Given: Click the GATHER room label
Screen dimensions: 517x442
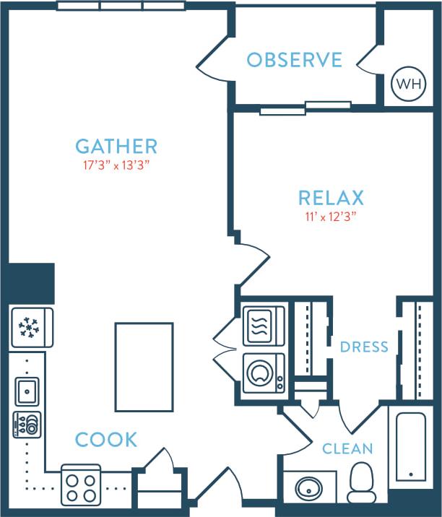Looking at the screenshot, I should click(x=116, y=147).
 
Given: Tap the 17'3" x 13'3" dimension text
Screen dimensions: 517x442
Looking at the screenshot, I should click(x=116, y=165).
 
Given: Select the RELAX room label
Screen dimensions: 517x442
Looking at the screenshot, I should click(x=331, y=197).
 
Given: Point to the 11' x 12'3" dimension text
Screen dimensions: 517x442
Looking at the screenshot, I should click(x=331, y=215).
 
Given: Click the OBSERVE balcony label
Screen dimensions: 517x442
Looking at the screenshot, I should click(x=294, y=60).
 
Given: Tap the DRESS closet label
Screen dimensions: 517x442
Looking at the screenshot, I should click(x=364, y=347).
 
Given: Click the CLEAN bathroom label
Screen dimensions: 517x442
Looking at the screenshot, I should click(x=347, y=449).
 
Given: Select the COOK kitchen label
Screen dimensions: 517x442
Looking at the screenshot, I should click(x=106, y=439).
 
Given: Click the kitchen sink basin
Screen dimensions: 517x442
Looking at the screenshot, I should click(x=27, y=391).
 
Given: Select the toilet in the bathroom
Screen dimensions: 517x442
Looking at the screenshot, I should click(x=361, y=482).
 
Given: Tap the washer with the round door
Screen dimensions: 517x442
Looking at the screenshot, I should click(x=264, y=373).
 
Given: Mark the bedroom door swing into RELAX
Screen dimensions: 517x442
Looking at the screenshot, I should click(x=253, y=264).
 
